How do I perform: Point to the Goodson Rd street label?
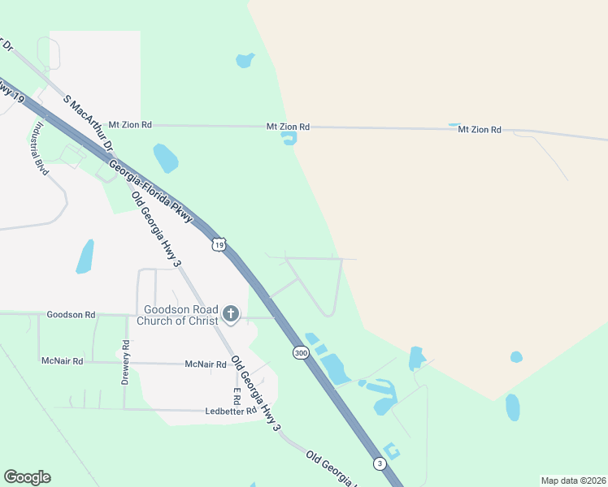point(71,314)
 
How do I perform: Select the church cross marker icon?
point(231,314)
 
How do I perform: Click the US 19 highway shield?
point(217,243)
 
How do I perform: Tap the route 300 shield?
point(301,353)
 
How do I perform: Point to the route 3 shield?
point(380,463)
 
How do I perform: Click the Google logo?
point(27,477)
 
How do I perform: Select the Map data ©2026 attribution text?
point(572,481)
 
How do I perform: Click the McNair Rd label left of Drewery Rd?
point(62,360)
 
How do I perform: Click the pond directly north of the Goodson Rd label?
point(85,256)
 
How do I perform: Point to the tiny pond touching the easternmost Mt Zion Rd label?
point(454,124)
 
